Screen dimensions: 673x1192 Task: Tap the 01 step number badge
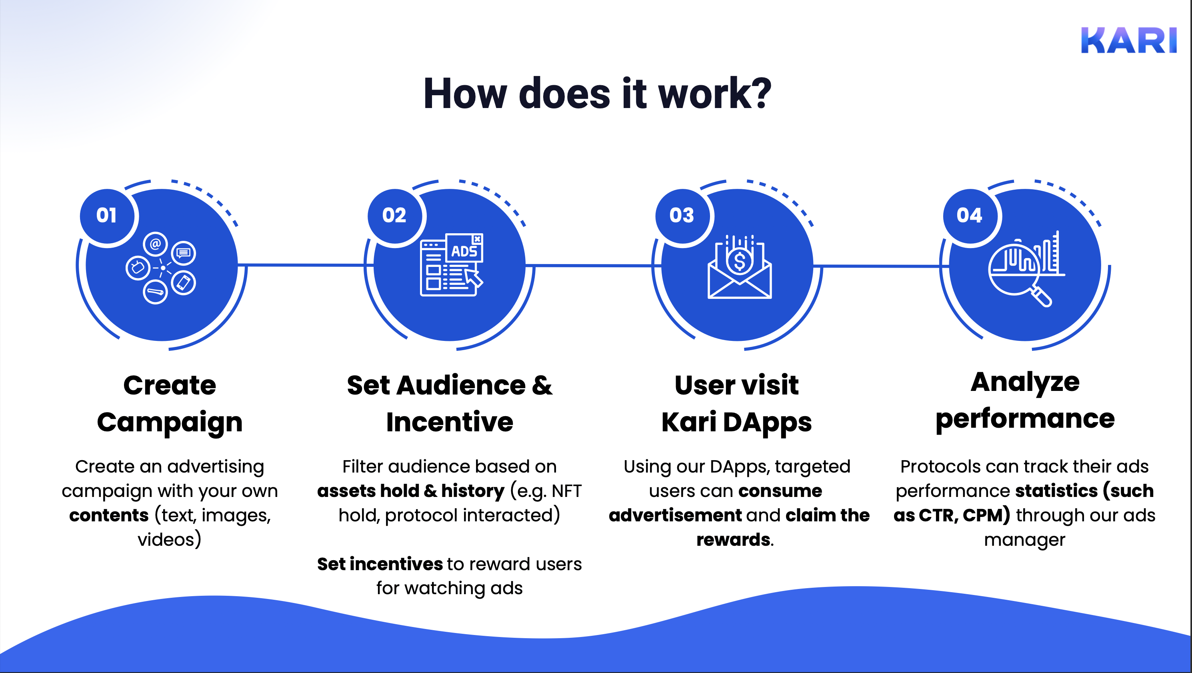click(x=107, y=215)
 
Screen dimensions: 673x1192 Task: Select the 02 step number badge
click(x=394, y=215)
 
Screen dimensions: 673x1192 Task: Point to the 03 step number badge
click(x=682, y=215)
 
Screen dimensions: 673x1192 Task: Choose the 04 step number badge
click(x=970, y=215)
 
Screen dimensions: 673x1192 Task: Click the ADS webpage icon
click(x=451, y=265)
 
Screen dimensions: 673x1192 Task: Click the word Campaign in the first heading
click(x=170, y=422)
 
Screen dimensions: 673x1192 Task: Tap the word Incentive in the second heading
click(x=450, y=422)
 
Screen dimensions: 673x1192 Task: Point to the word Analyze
click(x=1025, y=383)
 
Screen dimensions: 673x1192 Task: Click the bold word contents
click(x=109, y=515)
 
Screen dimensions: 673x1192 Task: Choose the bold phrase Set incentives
click(x=380, y=564)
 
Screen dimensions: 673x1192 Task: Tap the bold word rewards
click(x=733, y=540)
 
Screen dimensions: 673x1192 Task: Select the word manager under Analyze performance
click(x=1024, y=540)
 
